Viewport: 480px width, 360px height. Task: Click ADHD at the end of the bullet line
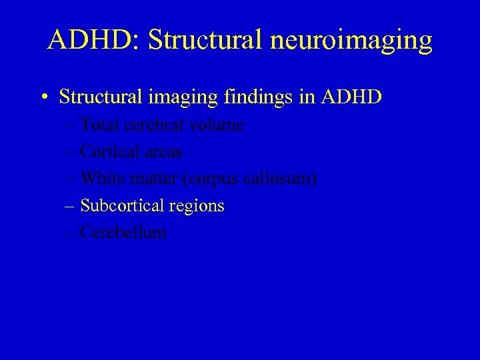(351, 97)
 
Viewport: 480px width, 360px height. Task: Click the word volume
(217, 125)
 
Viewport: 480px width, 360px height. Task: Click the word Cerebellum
(123, 232)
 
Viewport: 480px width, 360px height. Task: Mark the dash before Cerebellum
(71, 233)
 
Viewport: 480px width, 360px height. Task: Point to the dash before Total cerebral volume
(71, 125)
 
